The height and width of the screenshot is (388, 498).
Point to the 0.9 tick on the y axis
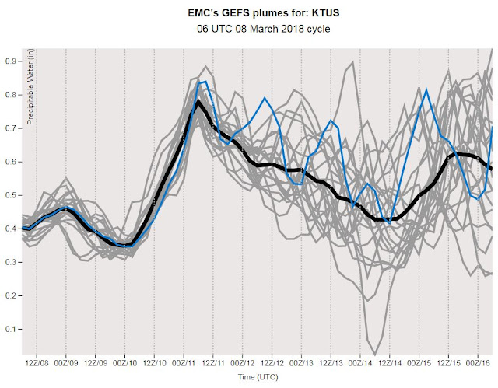coord(10,61)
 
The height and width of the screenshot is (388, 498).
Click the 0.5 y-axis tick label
coord(10,195)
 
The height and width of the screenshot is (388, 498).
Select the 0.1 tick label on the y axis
coord(10,329)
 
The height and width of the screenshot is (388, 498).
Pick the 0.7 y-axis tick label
coord(10,128)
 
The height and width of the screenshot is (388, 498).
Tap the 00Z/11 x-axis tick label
coord(184,363)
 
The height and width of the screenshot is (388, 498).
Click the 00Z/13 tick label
coord(301,363)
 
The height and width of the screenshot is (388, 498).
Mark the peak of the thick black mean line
coord(199,102)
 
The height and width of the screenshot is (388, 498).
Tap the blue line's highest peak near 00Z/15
coord(426,90)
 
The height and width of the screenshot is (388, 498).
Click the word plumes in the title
coord(262,12)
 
